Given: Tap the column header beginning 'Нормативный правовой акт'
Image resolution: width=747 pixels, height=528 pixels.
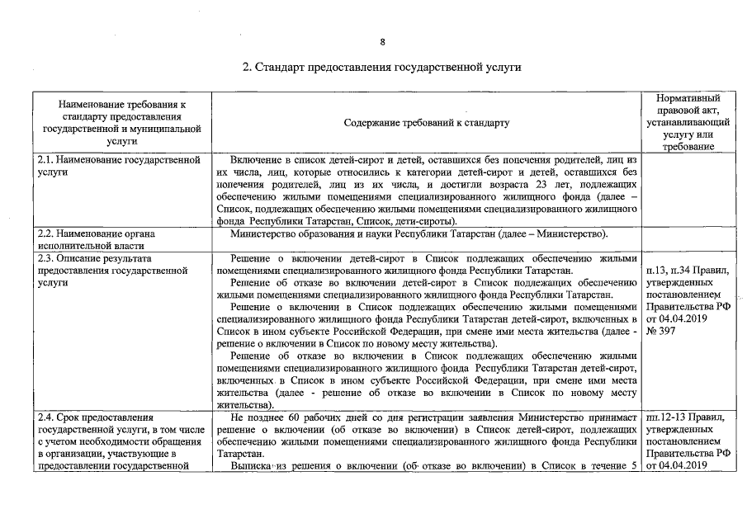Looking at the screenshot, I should pos(688,122).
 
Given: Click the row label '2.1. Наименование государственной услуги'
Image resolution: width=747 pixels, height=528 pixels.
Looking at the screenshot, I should pos(119,164).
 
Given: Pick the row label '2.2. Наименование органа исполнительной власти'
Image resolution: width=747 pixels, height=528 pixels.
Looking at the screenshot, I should pos(97,239).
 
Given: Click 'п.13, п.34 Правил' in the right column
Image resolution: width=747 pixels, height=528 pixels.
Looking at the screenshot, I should pos(688,270).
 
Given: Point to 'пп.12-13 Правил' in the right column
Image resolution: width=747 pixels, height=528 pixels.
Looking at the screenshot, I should pos(688,417).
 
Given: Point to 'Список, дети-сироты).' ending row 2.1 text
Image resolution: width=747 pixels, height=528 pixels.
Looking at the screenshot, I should pos(416,220).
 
